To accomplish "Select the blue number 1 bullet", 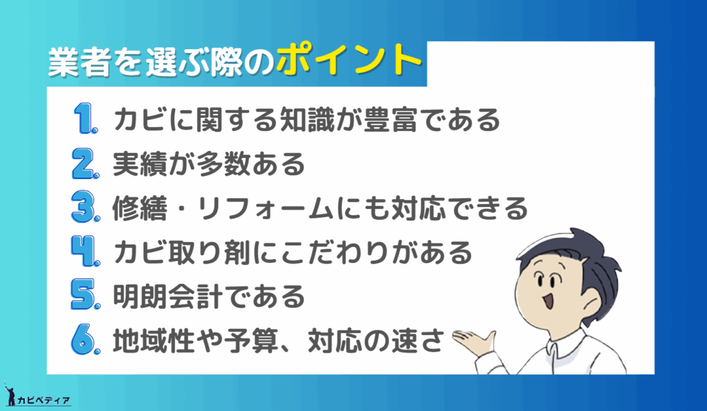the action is point(84,118).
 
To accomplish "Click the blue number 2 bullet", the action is point(85,163).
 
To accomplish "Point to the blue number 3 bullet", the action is point(85,207).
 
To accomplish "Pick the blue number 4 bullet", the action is point(85,251).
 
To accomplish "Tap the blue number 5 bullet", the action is point(85,295).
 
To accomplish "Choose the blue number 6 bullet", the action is point(85,339).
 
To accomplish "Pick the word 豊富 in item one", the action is point(390,119).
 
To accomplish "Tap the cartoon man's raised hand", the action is point(473,342).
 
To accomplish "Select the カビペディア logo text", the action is point(43,400).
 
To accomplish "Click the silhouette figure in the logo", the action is point(10,394).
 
